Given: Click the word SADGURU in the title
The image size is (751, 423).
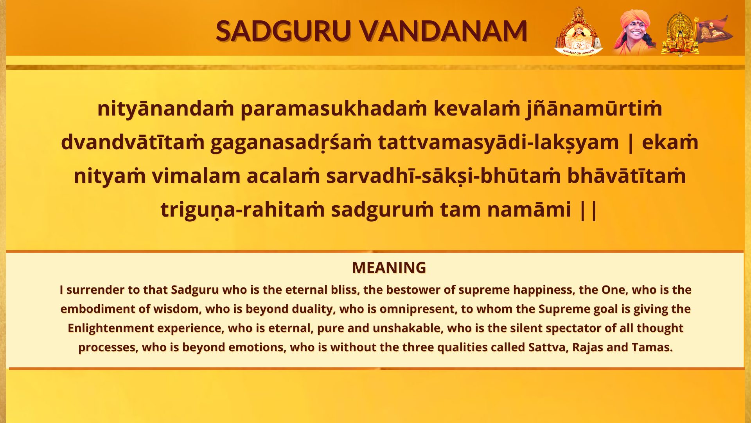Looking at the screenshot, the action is click(283, 31).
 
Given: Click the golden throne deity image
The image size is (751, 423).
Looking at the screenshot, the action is click(680, 34).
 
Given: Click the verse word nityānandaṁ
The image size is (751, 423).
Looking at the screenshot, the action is click(165, 108).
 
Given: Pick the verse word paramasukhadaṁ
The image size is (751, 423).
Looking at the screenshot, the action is click(334, 108).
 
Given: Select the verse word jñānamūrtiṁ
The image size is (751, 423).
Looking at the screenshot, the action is click(594, 108).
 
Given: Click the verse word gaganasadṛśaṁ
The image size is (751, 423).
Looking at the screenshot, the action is click(291, 142).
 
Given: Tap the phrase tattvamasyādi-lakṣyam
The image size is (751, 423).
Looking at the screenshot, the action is click(499, 142).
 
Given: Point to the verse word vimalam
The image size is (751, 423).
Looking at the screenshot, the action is click(196, 176).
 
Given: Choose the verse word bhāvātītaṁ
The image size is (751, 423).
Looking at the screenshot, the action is click(626, 176).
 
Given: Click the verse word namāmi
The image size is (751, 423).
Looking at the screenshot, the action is click(529, 210).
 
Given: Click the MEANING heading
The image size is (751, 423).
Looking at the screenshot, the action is click(389, 268).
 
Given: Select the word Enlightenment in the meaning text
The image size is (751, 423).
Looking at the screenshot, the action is click(111, 328).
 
